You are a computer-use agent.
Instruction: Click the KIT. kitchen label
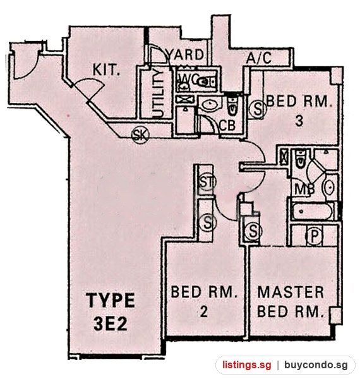click(x=107, y=70)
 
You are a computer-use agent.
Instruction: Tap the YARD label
click(x=186, y=54)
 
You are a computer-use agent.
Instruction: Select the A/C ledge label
click(x=259, y=58)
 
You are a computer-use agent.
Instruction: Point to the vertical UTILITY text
click(x=159, y=94)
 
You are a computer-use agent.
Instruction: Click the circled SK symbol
click(x=140, y=135)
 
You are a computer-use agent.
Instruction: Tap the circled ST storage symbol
click(x=207, y=183)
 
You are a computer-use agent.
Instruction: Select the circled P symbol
click(x=314, y=236)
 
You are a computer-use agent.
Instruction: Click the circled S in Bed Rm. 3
click(x=258, y=109)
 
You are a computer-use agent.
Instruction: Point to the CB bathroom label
click(x=227, y=126)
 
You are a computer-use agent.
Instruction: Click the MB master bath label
click(x=305, y=189)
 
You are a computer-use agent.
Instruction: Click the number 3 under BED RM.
click(x=299, y=121)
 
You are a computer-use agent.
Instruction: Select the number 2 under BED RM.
click(x=203, y=312)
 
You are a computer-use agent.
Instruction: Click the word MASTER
click(x=291, y=292)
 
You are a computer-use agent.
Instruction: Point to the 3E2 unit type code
click(x=110, y=324)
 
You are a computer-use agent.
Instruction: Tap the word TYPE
click(x=111, y=300)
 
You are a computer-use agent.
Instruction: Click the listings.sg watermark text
click(x=247, y=364)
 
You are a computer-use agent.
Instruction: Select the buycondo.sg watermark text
click(x=316, y=364)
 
